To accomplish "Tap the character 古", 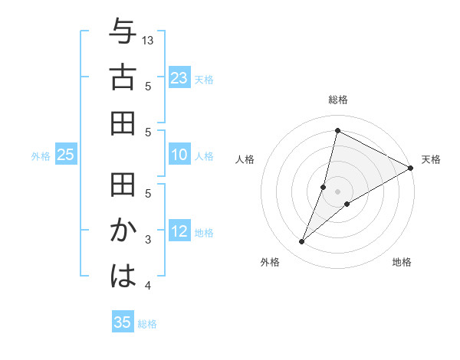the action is pyautogui.click(x=123, y=79).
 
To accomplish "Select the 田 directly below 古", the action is pyautogui.click(x=123, y=123).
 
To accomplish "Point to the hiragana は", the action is pyautogui.click(x=123, y=277).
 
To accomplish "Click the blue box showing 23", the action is pyautogui.click(x=179, y=77).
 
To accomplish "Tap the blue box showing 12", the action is pyautogui.click(x=179, y=232).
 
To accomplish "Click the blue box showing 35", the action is pyautogui.click(x=123, y=322).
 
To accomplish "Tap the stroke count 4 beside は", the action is pyautogui.click(x=148, y=286).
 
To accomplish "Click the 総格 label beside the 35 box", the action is pyautogui.click(x=147, y=324).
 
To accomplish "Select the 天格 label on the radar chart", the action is pyautogui.click(x=431, y=159).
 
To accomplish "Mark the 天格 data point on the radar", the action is pyautogui.click(x=411, y=168).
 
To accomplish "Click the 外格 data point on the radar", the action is pyautogui.click(x=302, y=242).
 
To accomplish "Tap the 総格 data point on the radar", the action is pyautogui.click(x=337, y=130).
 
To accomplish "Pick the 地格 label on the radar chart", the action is pyautogui.click(x=402, y=263).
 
